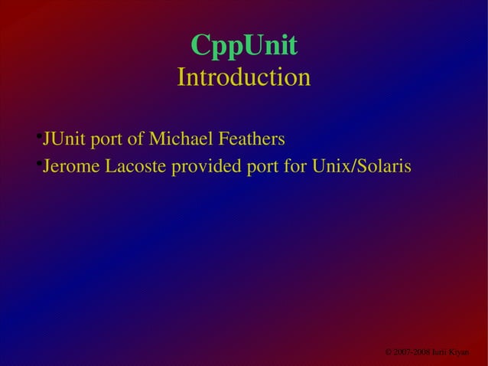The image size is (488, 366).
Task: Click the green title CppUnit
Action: click(243, 46)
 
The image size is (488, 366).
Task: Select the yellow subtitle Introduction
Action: click(243, 77)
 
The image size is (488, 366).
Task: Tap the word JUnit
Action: click(63, 139)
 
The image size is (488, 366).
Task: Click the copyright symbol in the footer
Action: click(389, 351)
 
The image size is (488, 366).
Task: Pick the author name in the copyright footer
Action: click(451, 351)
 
